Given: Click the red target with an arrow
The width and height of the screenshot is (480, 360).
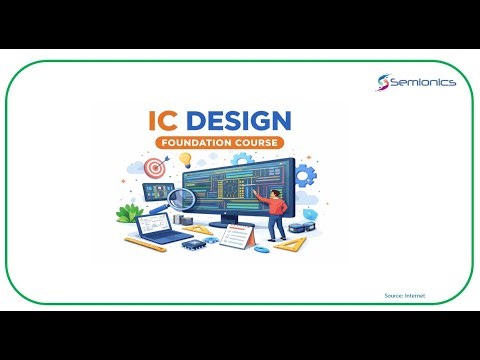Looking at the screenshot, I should point(154,168).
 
